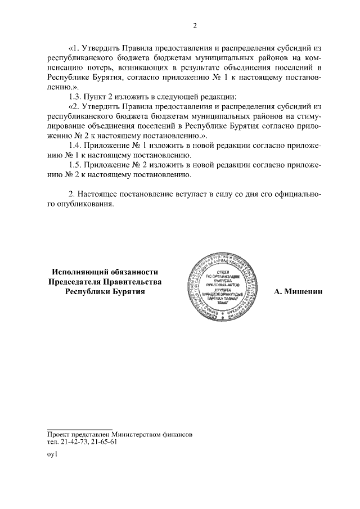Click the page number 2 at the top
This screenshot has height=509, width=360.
coord(195,26)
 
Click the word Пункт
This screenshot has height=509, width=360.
coord(96,97)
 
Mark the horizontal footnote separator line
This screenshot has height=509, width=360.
coord(79,429)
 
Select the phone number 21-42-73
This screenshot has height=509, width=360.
coord(74,442)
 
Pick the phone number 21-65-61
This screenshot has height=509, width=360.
coord(104,442)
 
